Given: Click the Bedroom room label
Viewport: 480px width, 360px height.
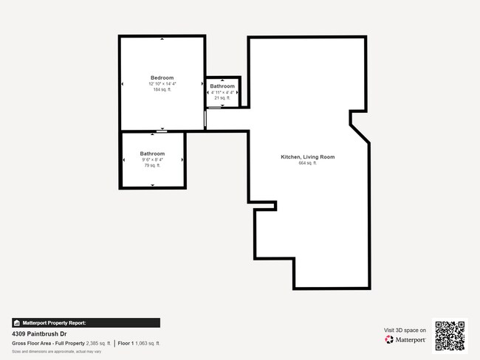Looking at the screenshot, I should [x=162, y=77].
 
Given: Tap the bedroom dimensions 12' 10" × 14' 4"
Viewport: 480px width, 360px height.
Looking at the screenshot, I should [x=162, y=84].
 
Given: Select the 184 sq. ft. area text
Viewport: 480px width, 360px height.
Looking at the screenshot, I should [x=162, y=90].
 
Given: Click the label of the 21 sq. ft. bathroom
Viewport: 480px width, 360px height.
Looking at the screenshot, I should [x=222, y=86].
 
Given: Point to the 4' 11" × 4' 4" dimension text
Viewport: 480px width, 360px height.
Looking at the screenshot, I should [x=222, y=92].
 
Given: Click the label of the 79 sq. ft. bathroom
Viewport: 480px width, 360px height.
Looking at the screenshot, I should [x=152, y=153].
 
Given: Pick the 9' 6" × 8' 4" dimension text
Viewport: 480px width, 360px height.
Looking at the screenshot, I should [x=152, y=159].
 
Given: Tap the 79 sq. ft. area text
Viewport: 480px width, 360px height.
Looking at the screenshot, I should [x=152, y=165].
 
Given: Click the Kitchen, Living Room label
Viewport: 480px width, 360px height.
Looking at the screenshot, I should [x=308, y=156].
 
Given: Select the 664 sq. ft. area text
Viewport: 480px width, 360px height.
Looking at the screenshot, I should [x=308, y=163].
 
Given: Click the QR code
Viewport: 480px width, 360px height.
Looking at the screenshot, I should [x=450, y=336].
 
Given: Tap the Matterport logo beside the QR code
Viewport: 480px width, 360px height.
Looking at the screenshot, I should [x=405, y=340].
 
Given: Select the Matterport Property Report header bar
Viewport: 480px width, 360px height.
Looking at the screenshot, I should [x=86, y=322].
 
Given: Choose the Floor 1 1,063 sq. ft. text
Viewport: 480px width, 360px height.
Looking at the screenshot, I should [x=139, y=344].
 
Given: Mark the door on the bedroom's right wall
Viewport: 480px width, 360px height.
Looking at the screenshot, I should [x=205, y=119].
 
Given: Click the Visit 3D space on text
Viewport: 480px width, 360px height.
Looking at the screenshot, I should [x=405, y=330].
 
